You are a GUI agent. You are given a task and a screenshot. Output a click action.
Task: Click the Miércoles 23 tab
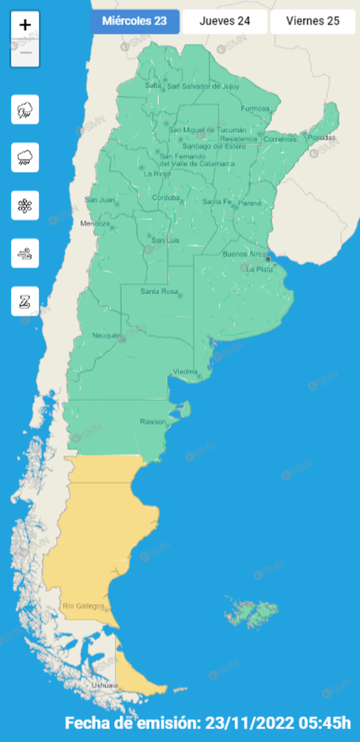tap(135, 21)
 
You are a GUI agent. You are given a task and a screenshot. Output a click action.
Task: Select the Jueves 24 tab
tap(224, 21)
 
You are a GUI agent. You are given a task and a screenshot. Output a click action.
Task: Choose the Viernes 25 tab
tap(313, 21)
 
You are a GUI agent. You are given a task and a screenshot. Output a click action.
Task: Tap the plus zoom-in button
tap(25, 25)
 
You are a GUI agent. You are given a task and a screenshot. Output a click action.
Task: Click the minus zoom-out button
tap(25, 53)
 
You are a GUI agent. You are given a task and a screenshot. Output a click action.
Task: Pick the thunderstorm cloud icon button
tap(25, 109)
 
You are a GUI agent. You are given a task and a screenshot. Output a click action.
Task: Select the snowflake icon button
tap(25, 205)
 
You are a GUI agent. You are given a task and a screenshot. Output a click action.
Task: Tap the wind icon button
tap(25, 254)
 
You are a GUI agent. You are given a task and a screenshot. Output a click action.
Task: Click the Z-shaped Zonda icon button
tap(25, 301)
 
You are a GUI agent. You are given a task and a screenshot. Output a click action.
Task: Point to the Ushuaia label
tap(104, 685)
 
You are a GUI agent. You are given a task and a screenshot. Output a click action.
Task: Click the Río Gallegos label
tap(83, 606)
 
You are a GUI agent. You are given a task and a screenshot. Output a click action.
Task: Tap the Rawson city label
tap(153, 422)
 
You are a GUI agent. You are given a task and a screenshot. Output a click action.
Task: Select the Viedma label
tap(185, 372)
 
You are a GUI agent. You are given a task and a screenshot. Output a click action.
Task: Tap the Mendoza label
tap(95, 224)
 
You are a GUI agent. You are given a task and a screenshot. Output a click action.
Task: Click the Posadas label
tap(321, 137)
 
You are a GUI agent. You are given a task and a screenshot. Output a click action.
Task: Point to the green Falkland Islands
tap(253, 613)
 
